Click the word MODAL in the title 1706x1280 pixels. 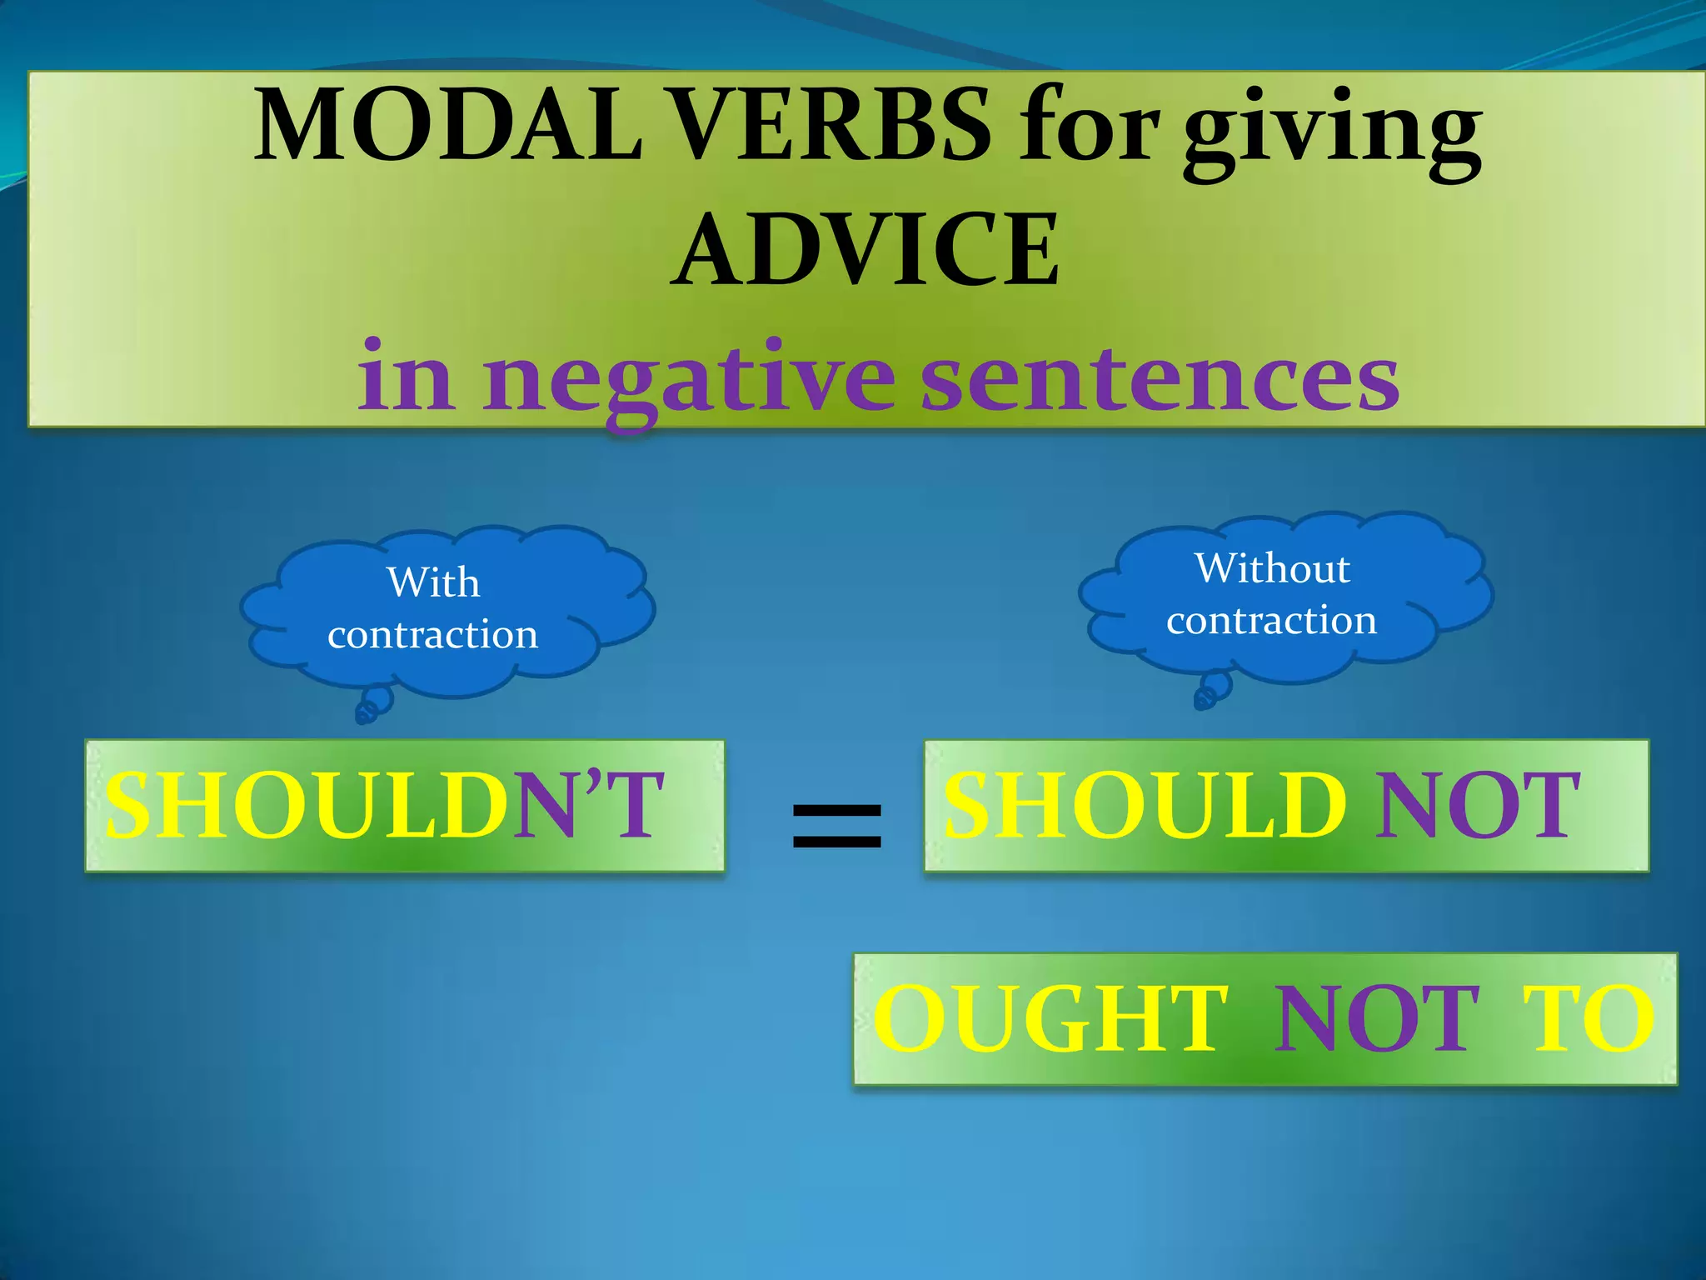449,125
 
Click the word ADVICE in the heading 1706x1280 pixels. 865,249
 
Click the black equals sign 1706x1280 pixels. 836,825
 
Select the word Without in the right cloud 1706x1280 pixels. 1272,568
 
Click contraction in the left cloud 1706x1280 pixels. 433,635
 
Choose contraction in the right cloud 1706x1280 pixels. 1271,621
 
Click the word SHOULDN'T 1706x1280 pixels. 384,805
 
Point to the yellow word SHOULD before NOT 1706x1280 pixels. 1145,805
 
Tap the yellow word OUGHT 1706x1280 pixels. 1050,1018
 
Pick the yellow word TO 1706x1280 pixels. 1588,1018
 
